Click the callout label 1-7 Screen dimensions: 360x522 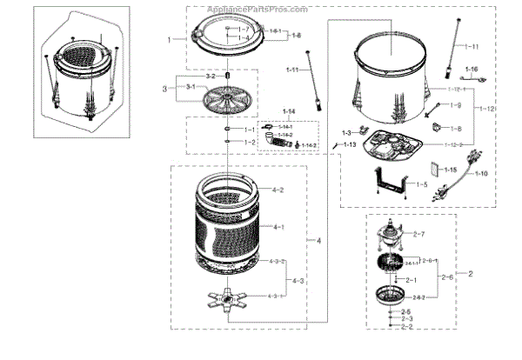coord(244,30)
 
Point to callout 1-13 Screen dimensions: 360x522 coord(351,144)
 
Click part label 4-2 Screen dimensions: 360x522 coord(278,190)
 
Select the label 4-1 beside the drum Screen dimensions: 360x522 coord(279,227)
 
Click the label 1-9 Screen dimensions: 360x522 coord(455,106)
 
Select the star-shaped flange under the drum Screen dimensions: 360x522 coord(231,300)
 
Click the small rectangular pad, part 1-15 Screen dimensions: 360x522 coord(432,170)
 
